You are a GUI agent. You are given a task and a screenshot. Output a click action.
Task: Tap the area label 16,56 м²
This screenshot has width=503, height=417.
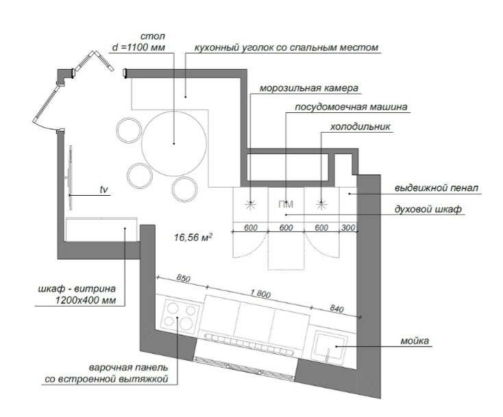pyautogui.click(x=193, y=238)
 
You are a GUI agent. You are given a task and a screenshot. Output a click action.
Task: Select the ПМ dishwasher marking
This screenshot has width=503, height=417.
pyautogui.click(x=286, y=205)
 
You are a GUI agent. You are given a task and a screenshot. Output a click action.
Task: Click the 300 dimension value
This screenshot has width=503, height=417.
pyautogui.click(x=348, y=227)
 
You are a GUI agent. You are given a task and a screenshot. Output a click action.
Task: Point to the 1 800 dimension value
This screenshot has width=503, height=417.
pyautogui.click(x=260, y=293)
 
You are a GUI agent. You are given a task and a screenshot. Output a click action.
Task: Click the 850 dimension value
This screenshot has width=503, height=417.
pyautogui.click(x=183, y=278)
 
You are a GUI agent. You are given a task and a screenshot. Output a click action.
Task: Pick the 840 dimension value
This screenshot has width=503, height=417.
pyautogui.click(x=337, y=308)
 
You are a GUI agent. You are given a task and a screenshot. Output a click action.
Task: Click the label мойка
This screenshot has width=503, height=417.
pyautogui.click(x=415, y=341)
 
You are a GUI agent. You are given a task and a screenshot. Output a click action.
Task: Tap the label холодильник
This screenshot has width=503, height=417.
pyautogui.click(x=360, y=127)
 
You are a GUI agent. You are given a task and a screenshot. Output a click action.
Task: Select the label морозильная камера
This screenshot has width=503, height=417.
pyautogui.click(x=308, y=88)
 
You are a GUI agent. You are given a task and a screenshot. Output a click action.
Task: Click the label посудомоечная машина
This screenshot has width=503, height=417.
pyautogui.click(x=351, y=107)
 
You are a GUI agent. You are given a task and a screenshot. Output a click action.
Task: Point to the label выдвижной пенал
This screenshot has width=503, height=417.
pyautogui.click(x=437, y=188)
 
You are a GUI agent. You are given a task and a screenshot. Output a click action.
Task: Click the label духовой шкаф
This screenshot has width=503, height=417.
pyautogui.click(x=428, y=210)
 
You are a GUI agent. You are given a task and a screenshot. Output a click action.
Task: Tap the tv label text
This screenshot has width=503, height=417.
pyautogui.click(x=103, y=190)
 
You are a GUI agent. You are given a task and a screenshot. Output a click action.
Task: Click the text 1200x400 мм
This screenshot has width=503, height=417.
pyautogui.click(x=86, y=301)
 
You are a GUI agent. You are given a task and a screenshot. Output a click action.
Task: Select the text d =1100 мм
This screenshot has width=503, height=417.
pyautogui.click(x=138, y=47)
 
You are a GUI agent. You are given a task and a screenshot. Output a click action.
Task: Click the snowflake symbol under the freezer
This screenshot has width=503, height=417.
pyautogui.click(x=250, y=205)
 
